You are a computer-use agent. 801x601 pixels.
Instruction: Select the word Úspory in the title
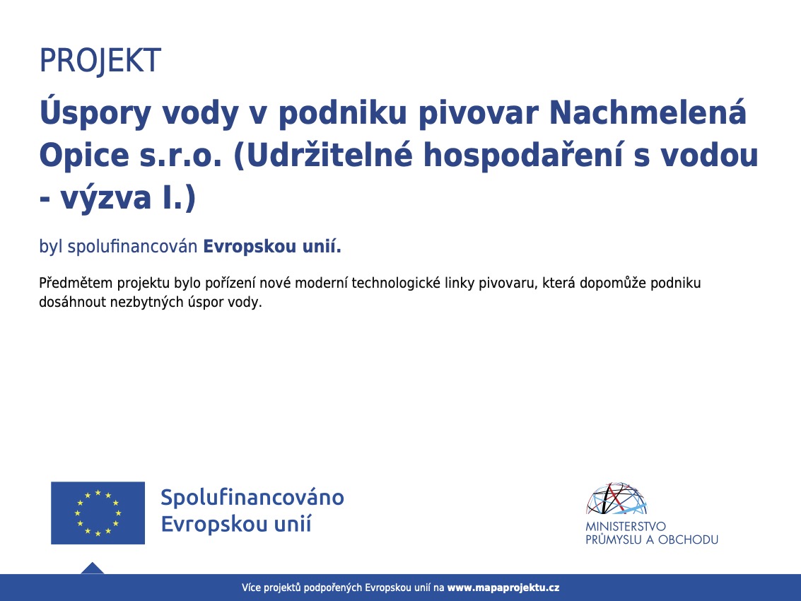point(95,113)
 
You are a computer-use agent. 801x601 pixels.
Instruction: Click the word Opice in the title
point(84,156)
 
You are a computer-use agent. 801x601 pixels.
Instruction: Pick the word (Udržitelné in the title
point(323,156)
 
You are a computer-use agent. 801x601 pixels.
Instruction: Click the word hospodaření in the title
point(523,156)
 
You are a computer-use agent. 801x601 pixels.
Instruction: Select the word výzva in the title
point(106,198)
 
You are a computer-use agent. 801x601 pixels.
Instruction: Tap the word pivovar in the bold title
point(479,114)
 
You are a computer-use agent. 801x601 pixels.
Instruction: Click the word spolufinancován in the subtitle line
point(132,246)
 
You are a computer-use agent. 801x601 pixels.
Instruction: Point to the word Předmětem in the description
point(76,283)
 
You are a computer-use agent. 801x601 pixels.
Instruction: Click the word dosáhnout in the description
point(73,302)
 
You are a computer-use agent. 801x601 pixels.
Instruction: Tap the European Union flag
point(98,513)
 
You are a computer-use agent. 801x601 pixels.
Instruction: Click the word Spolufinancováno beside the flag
point(252,497)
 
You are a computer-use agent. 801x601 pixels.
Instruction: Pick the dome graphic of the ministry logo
point(616,498)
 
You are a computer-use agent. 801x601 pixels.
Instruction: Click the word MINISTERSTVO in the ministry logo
point(626,526)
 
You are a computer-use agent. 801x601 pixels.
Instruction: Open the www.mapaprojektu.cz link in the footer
point(503,588)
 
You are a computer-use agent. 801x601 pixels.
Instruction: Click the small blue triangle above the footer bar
point(93,568)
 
